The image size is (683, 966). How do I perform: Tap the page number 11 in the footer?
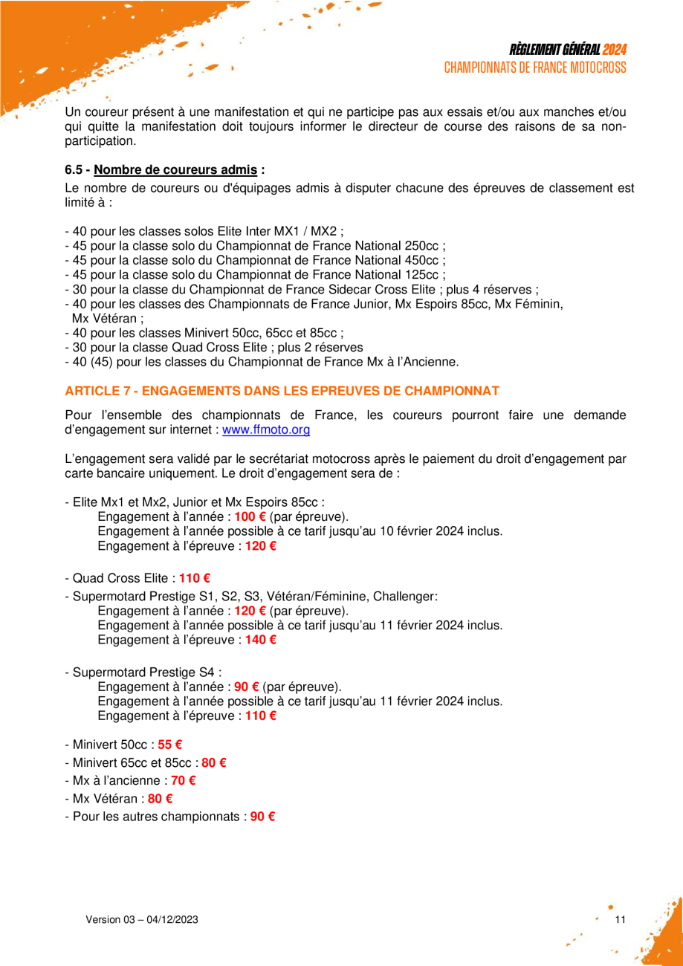(621, 920)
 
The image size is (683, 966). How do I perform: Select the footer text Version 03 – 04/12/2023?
(142, 920)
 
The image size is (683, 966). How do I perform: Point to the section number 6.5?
(74, 169)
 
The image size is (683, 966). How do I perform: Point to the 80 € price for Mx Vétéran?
(160, 799)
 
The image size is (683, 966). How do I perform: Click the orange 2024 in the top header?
(614, 50)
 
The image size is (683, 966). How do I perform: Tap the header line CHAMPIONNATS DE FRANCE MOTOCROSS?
(535, 67)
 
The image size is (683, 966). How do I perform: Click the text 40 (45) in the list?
(95, 362)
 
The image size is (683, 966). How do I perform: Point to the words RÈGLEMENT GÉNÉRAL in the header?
(554, 50)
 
